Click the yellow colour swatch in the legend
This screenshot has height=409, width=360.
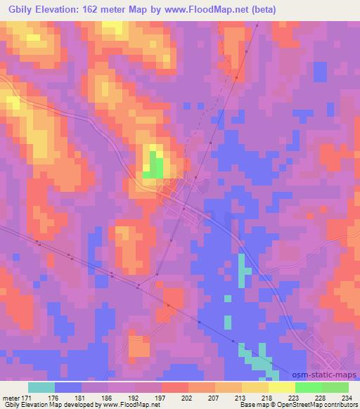tap(281, 387)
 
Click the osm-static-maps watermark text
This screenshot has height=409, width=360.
tap(324, 375)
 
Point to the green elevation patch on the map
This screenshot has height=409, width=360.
tap(155, 168)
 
